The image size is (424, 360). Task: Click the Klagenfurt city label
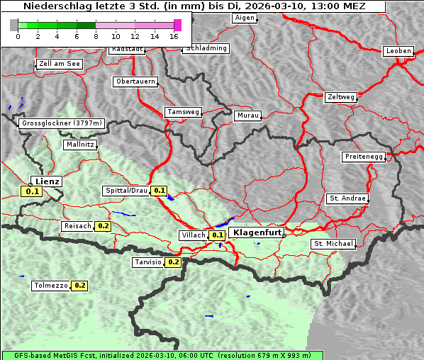click(258, 232)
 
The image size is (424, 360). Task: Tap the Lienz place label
click(48, 181)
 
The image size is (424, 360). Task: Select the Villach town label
click(194, 235)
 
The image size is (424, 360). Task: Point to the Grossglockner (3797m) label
click(62, 123)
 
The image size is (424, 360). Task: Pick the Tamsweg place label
click(184, 112)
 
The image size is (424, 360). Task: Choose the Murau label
click(248, 115)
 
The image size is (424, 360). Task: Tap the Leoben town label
click(398, 51)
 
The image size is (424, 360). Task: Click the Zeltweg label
click(341, 96)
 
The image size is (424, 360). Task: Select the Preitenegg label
click(364, 157)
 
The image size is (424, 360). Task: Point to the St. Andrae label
click(347, 198)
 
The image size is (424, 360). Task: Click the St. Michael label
click(333, 244)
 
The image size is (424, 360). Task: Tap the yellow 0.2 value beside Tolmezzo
click(79, 286)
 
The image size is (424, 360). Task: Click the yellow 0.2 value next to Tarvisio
click(173, 262)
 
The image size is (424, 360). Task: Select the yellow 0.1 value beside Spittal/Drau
click(160, 191)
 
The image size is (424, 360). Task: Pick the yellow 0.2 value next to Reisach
click(104, 226)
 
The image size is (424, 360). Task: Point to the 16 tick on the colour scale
click(174, 35)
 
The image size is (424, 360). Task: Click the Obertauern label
click(135, 81)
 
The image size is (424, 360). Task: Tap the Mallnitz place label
click(80, 145)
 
